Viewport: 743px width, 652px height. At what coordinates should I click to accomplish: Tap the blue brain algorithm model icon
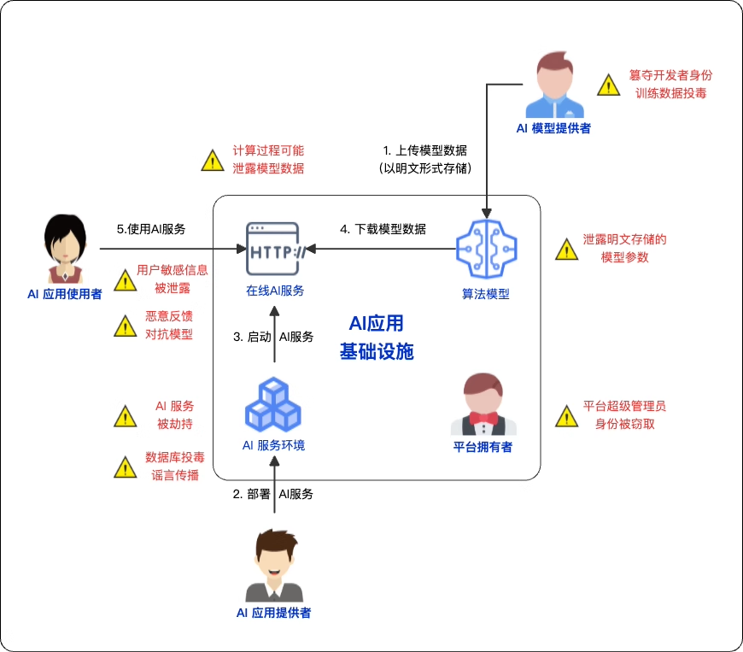click(x=485, y=250)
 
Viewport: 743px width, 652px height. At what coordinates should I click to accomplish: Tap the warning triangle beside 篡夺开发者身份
click(x=607, y=85)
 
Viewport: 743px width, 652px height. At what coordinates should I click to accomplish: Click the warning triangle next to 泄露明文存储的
click(x=566, y=250)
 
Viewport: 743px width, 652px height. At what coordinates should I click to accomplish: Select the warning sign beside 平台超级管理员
click(x=566, y=416)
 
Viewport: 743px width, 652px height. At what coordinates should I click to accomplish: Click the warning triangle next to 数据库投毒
click(x=126, y=467)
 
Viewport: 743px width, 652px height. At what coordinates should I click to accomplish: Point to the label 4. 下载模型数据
click(x=383, y=229)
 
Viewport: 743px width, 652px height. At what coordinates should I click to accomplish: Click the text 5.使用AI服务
click(x=151, y=229)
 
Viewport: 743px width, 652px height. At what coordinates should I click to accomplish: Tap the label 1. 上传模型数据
click(x=424, y=150)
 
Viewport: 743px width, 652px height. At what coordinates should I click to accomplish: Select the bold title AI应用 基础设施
click(x=377, y=338)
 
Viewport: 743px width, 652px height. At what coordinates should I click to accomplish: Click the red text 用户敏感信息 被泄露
click(x=172, y=279)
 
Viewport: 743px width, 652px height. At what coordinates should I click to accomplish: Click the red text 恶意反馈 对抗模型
click(x=168, y=325)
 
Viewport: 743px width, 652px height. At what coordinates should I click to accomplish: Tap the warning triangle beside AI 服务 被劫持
click(x=126, y=416)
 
